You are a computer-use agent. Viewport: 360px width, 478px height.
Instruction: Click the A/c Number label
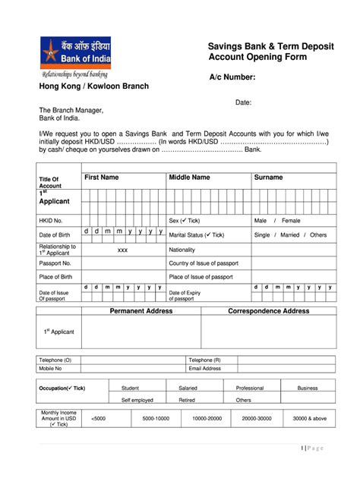[x=237, y=77]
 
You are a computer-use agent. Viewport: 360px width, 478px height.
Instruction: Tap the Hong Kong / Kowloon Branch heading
[x=93, y=86]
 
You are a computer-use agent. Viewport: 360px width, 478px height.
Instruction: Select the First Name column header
[x=101, y=178]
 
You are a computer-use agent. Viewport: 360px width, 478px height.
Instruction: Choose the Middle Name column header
[x=189, y=178]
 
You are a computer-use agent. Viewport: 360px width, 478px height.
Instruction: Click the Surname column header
[x=268, y=178]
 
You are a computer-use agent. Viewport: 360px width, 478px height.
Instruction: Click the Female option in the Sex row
[x=292, y=220]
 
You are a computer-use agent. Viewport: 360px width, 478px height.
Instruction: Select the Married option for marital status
[x=290, y=235]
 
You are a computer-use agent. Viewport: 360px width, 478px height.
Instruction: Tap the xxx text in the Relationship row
[x=122, y=250]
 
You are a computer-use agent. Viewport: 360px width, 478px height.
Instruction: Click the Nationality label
[x=182, y=250]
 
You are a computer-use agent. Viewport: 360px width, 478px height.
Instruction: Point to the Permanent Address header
[x=141, y=311]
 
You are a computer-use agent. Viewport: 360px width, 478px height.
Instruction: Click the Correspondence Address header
[x=269, y=311]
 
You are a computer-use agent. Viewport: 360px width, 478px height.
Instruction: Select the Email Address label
[x=205, y=369]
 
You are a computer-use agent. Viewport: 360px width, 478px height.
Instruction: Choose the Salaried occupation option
[x=187, y=388]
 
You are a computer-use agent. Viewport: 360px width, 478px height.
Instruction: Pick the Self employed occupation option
[x=137, y=400]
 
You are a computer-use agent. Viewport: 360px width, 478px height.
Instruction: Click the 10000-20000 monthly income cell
[x=207, y=418]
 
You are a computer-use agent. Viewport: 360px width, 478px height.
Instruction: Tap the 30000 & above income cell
[x=310, y=418]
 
